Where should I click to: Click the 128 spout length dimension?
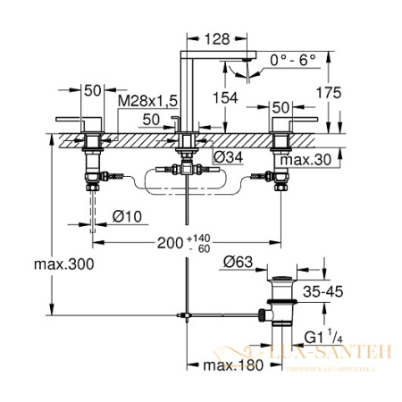tap(214, 38)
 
